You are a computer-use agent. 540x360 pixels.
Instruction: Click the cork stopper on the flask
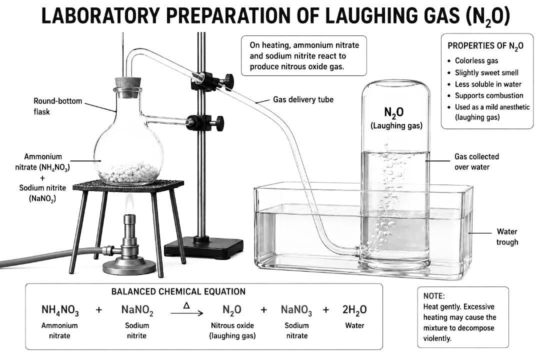127,83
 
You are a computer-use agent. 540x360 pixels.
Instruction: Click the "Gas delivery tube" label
303,99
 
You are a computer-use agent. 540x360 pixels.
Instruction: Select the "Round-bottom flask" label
57,106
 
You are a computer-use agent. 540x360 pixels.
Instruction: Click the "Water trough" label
507,236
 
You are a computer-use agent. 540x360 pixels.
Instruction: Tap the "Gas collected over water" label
476,161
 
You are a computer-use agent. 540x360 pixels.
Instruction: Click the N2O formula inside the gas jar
394,113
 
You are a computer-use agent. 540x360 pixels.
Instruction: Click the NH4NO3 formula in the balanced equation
60,310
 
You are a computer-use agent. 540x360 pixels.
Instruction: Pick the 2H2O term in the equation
354,310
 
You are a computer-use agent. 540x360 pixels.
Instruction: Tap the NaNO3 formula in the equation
296,310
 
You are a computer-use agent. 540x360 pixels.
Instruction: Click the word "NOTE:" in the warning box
434,296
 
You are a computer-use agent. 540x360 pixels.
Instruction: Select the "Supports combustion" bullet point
488,95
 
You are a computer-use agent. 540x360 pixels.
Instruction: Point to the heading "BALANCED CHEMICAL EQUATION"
178,292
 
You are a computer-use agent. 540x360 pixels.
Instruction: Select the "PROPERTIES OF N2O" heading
485,46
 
